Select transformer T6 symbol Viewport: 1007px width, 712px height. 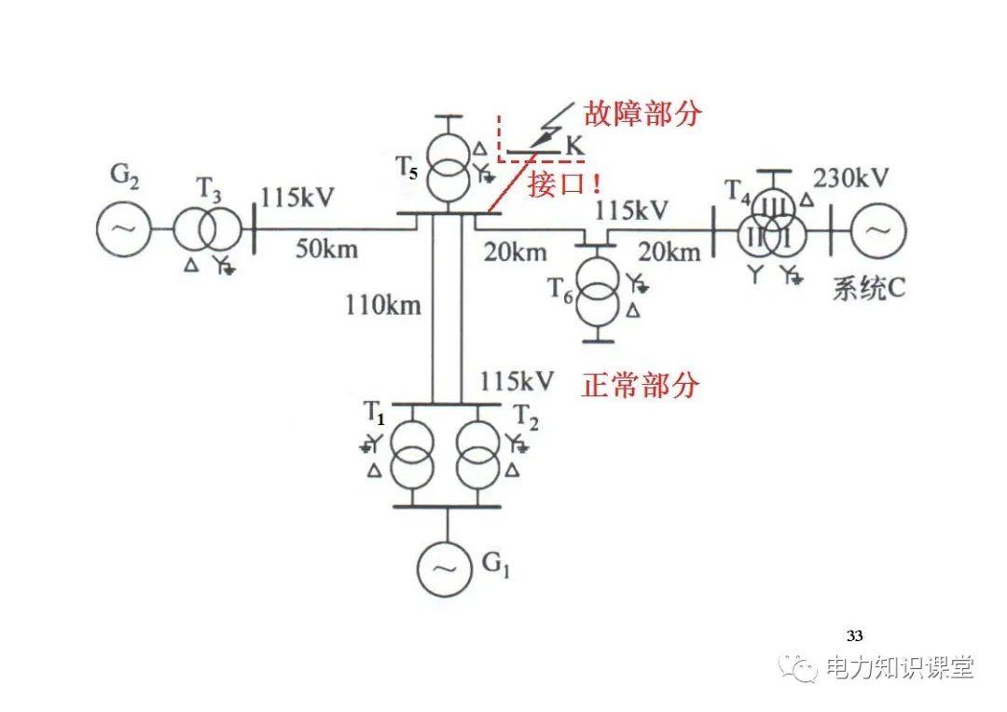click(x=597, y=289)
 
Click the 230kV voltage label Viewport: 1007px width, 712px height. click(x=851, y=178)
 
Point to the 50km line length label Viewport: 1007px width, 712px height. click(x=326, y=249)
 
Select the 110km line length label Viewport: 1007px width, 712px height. click(x=383, y=304)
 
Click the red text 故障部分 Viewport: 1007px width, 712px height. click(x=641, y=114)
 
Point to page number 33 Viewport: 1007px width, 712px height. click(x=854, y=637)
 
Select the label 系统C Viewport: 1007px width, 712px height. click(x=869, y=289)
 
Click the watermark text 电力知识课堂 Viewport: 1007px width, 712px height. click(x=900, y=667)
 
